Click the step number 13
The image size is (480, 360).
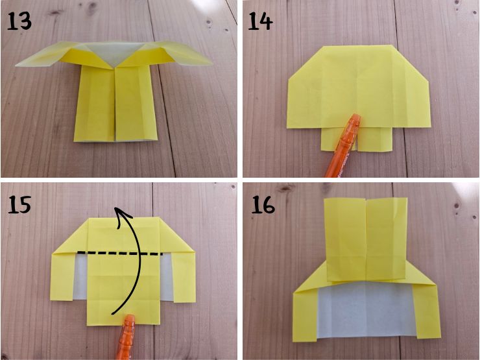point(19,21)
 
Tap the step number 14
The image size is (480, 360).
point(261,21)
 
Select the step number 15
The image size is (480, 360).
point(19,204)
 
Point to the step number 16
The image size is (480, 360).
point(263,204)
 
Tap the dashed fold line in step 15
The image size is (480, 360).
point(120,253)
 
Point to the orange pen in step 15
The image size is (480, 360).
point(125,337)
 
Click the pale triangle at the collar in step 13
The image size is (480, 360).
point(114,53)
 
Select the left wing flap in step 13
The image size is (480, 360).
point(46,55)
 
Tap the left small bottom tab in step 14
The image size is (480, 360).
point(331,139)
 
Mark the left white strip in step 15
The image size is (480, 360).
point(80,276)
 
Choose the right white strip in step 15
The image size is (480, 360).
point(167,276)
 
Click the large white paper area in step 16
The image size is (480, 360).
point(366,309)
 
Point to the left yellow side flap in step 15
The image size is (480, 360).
point(63,276)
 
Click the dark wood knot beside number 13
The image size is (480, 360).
point(56,13)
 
